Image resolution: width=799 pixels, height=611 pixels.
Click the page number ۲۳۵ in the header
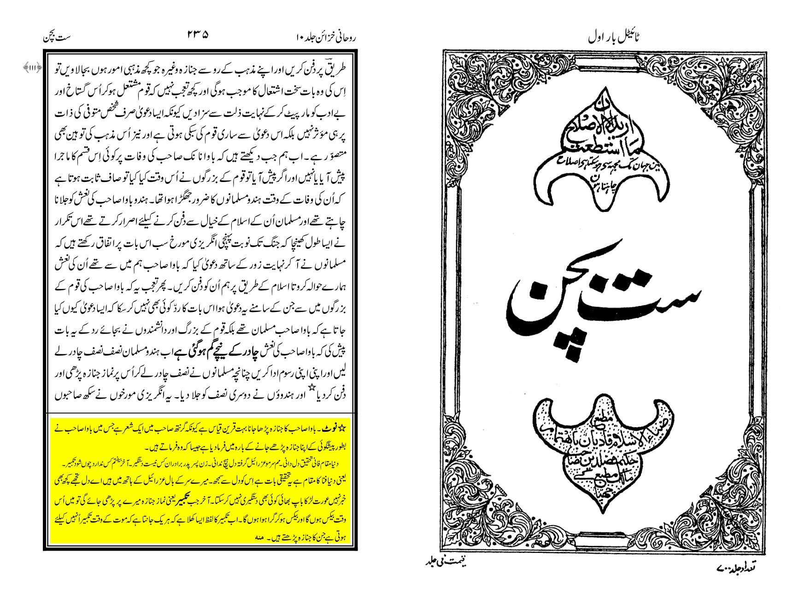(198, 35)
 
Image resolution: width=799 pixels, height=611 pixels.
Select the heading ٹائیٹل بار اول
(615, 37)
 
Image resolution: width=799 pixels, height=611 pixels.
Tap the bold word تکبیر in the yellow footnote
(192, 503)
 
